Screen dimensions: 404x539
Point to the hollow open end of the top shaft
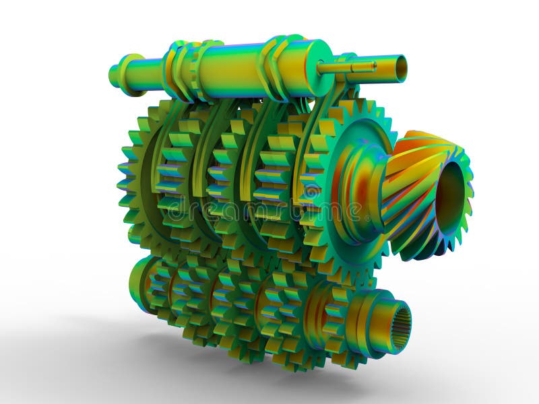[x=400, y=67]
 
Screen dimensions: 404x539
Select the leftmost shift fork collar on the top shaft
[x=177, y=67]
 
